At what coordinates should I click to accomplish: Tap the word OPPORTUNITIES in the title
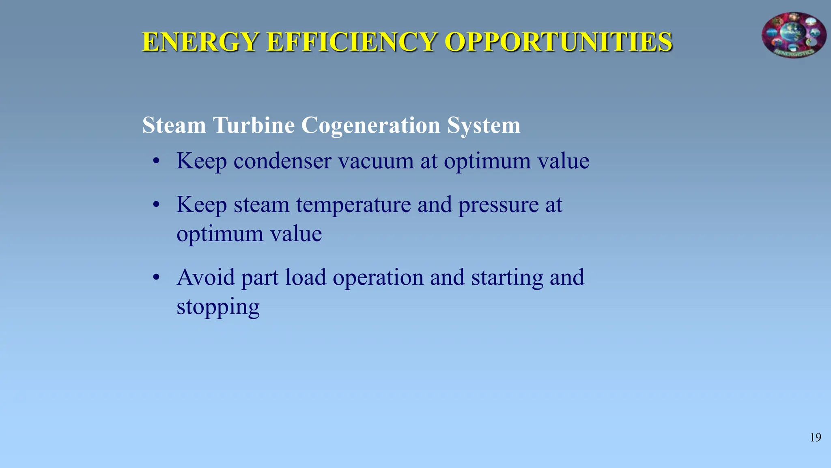click(558, 42)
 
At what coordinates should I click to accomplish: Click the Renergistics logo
click(794, 35)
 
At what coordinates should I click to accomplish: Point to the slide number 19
click(816, 438)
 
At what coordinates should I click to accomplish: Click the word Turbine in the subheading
click(254, 125)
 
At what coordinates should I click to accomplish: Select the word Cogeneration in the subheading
click(370, 125)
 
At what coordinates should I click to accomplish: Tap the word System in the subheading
click(484, 125)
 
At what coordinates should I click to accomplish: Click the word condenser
click(282, 161)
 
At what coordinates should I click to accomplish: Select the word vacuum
click(376, 161)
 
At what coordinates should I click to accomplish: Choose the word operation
click(378, 278)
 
